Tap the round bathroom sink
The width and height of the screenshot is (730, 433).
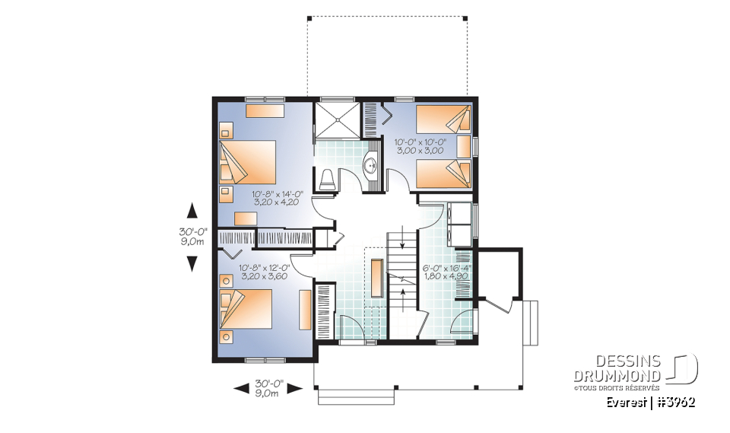point(371,164)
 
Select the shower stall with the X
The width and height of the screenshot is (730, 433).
point(334,120)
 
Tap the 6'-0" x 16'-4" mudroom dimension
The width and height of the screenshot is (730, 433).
point(447,269)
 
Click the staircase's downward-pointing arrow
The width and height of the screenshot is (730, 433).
point(402,247)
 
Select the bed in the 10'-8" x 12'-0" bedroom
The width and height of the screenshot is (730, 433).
point(247,309)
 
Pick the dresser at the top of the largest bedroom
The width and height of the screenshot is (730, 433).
point(264,111)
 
